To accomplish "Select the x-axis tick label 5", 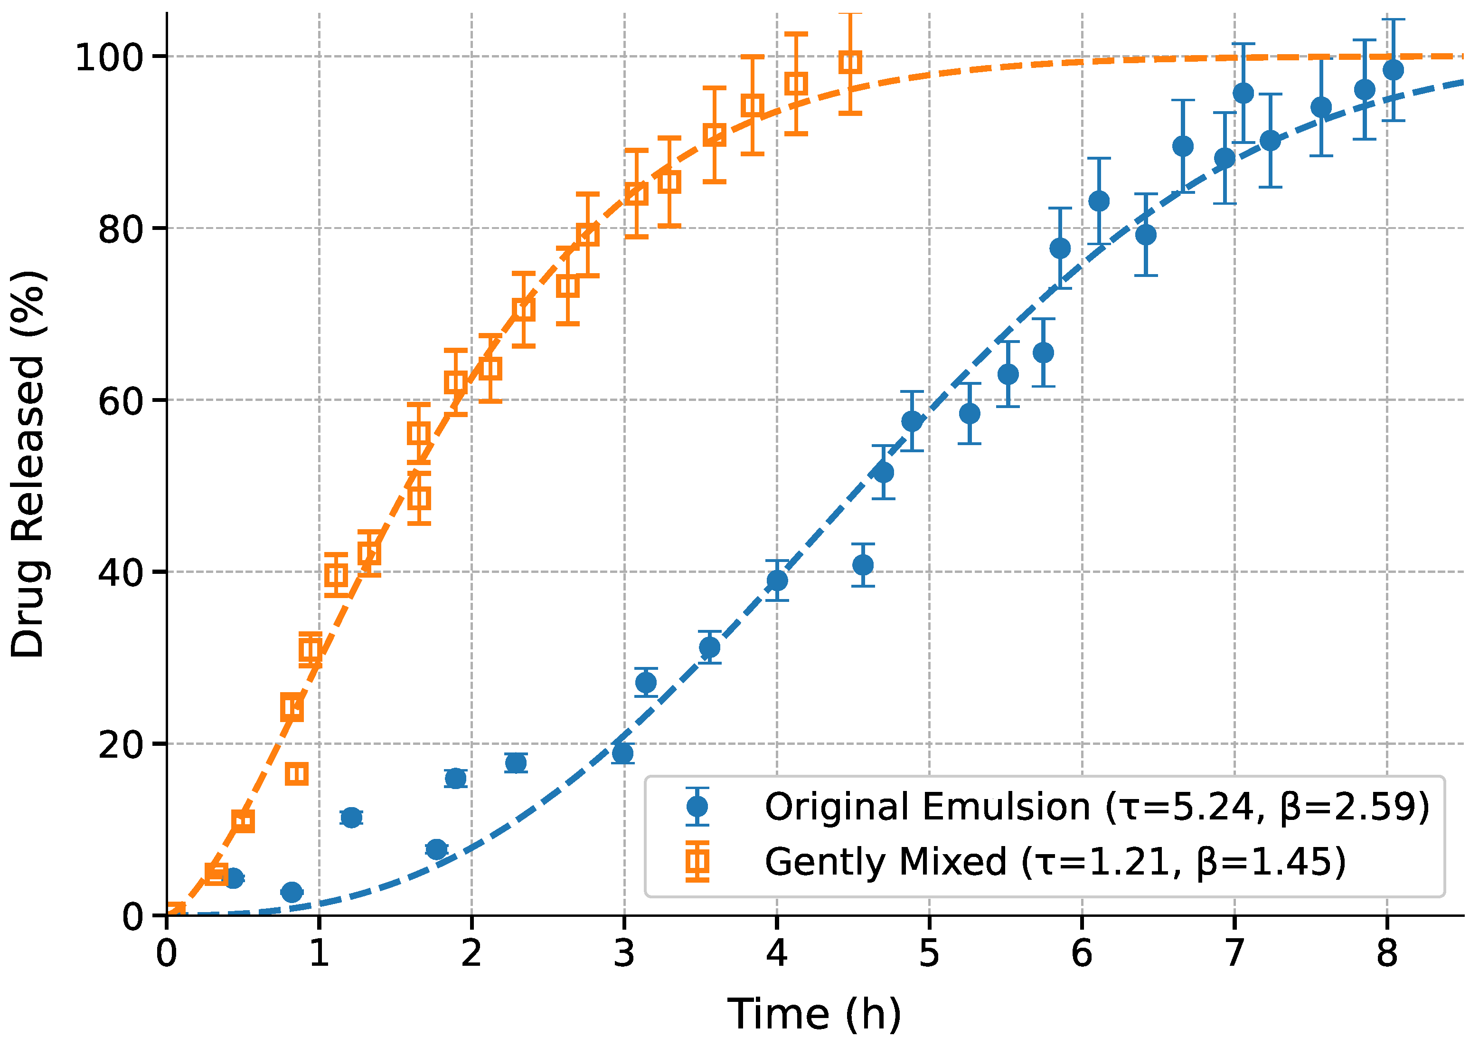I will (x=929, y=953).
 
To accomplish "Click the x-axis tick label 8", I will (x=1387, y=953).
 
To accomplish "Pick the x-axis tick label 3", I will (x=624, y=953).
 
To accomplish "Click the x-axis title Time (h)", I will (x=814, y=1015).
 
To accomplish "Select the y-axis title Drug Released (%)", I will (x=28, y=464).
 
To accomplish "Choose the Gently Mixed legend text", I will (x=1055, y=862).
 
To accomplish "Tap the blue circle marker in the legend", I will (x=697, y=807).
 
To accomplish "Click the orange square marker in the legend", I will (x=697, y=861).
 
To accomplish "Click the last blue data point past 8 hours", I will (x=1393, y=70).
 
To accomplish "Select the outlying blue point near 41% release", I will (x=863, y=565).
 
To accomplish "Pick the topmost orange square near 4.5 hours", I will (x=850, y=63).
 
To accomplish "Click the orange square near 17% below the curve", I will (x=296, y=774).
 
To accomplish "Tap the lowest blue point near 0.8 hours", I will (x=292, y=892).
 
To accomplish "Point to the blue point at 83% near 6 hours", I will (x=1099, y=201).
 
